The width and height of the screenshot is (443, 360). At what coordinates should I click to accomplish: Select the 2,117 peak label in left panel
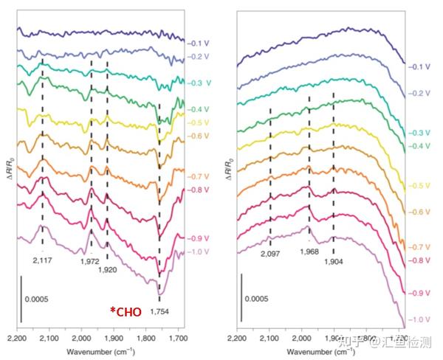point(44,260)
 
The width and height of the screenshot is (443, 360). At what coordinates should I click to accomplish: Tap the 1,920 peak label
point(108,271)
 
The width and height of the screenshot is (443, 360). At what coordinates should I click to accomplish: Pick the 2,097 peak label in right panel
point(270,255)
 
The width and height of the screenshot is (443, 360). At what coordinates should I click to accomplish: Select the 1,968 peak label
point(309,252)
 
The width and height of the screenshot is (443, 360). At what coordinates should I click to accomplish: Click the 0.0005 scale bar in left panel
point(21,299)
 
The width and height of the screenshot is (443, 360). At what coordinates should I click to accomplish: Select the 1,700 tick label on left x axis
point(177,337)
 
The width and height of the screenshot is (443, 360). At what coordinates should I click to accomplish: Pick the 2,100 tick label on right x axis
point(269,338)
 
